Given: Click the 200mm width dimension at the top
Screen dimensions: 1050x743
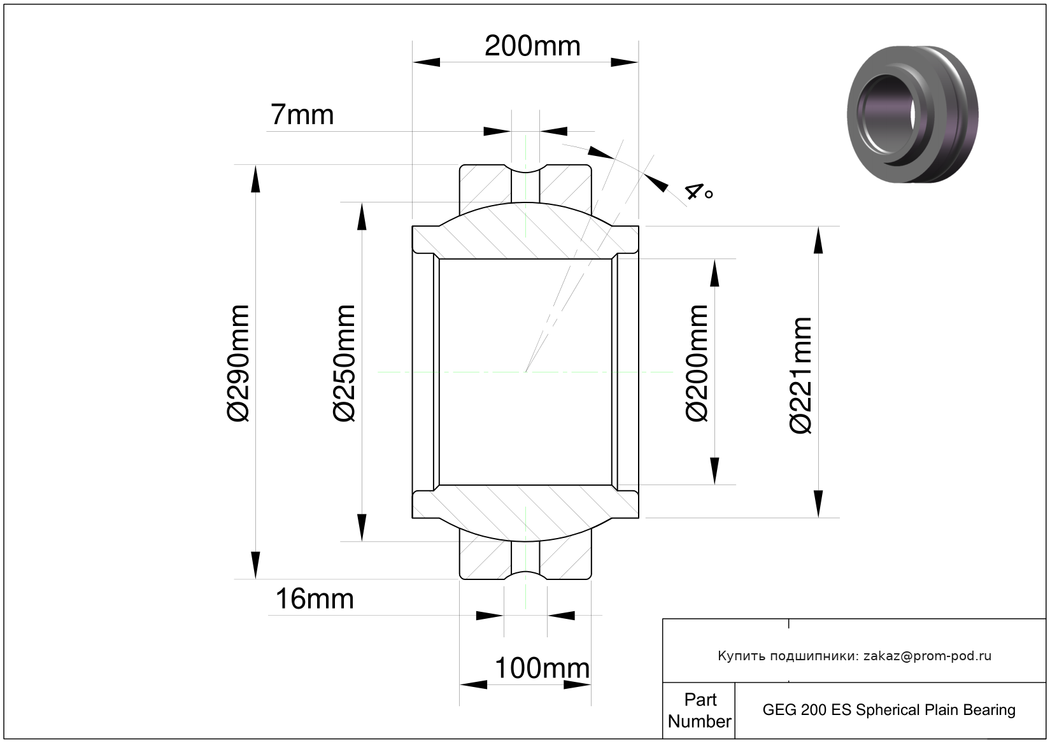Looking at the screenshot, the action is [532, 46].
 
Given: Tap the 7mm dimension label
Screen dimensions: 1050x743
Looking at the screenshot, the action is [302, 115].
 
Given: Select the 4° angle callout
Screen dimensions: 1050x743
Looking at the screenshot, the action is [699, 192].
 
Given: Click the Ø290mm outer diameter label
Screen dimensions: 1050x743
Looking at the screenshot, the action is [238, 364].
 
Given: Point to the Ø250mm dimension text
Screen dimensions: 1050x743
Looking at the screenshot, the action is [344, 364].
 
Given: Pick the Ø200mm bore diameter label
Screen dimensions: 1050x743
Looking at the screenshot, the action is [697, 364].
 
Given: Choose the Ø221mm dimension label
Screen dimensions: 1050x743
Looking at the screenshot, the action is [800, 376].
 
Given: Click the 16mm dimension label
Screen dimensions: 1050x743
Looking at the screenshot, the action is [315, 599].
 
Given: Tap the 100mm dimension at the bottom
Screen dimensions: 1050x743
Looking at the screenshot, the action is [543, 668].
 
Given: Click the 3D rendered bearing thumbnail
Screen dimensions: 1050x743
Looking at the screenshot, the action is [912, 114].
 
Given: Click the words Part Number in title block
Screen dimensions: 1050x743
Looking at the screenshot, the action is [700, 711].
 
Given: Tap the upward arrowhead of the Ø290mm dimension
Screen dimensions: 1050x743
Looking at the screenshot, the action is [255, 179].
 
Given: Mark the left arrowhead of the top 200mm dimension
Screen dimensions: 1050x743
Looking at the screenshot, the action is [426, 62].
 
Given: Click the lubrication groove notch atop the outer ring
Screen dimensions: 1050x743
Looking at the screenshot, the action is [525, 168].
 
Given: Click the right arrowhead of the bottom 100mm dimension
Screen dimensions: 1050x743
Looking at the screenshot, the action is [577, 685].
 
